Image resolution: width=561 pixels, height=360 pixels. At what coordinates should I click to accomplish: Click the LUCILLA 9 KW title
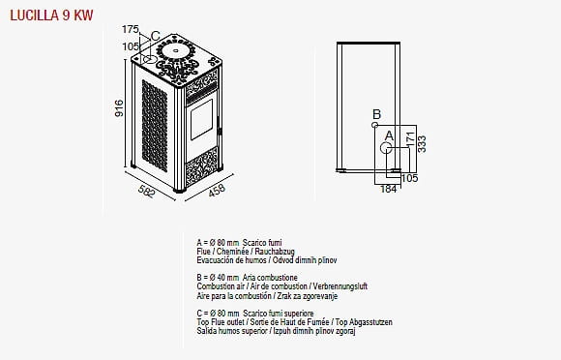click(x=51, y=15)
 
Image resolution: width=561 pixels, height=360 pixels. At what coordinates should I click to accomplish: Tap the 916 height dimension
click(x=119, y=108)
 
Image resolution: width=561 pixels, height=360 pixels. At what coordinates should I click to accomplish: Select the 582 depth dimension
click(x=147, y=192)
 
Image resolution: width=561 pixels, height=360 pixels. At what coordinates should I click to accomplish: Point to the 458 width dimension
click(x=217, y=190)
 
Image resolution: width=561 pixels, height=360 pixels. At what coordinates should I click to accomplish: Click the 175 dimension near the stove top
click(x=130, y=29)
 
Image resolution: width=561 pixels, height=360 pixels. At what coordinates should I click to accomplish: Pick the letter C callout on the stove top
click(x=156, y=36)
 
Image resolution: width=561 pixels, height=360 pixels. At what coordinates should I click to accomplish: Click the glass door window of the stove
click(x=201, y=120)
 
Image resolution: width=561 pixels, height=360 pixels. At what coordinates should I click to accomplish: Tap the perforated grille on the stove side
click(x=155, y=126)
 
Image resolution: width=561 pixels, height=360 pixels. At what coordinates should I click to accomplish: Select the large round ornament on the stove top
click(x=176, y=51)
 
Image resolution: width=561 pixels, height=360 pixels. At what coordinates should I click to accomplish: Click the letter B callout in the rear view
click(x=376, y=114)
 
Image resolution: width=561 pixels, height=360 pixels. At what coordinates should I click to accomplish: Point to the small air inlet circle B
click(x=374, y=125)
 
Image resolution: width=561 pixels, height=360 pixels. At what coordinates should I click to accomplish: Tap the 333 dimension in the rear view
click(x=422, y=144)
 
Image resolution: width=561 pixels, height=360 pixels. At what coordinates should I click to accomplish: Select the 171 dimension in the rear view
click(x=410, y=138)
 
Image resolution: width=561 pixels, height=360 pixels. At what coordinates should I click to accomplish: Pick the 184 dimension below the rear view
click(x=388, y=189)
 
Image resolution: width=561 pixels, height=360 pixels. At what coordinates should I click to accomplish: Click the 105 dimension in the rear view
click(x=410, y=178)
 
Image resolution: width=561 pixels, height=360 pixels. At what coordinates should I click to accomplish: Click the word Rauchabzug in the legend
click(x=275, y=252)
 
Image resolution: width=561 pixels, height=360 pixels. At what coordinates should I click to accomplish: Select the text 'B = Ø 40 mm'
click(x=218, y=278)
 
